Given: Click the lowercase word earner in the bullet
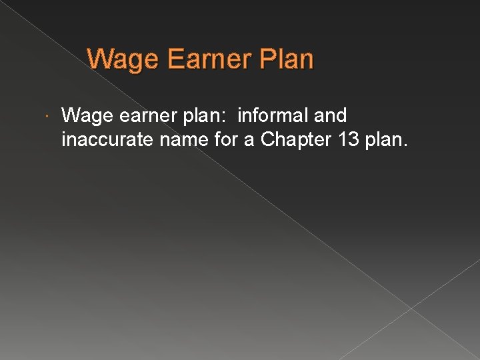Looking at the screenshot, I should click(x=139, y=117).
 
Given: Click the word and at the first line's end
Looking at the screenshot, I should click(x=330, y=116).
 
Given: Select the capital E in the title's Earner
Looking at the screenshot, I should click(x=176, y=59).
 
